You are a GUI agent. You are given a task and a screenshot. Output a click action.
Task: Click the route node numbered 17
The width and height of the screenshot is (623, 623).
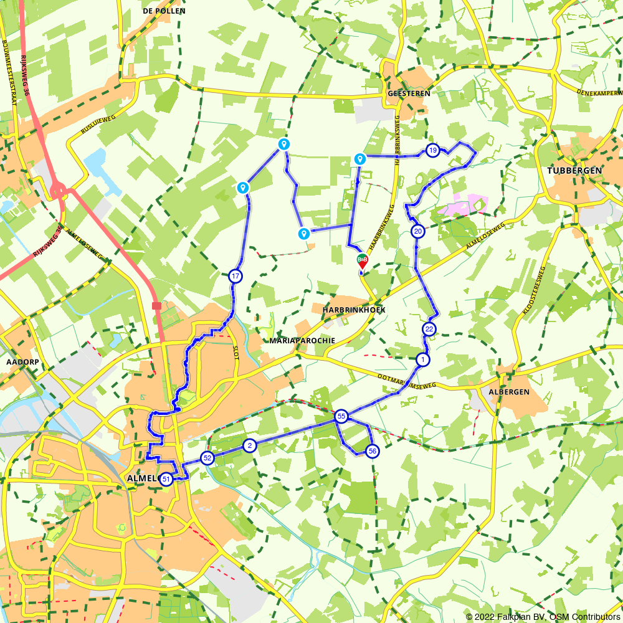pos(235,276)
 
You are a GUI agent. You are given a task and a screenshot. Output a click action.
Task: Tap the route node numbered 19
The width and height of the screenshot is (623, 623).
pos(433,150)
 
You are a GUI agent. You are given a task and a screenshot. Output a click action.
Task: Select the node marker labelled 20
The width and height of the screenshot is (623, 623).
pos(418,232)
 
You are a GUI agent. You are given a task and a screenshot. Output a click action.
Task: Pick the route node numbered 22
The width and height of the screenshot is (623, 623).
pos(429,329)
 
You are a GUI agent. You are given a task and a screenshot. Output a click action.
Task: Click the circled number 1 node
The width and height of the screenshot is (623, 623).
pos(423,359)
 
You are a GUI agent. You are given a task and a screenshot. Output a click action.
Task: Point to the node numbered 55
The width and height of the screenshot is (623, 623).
pos(341,416)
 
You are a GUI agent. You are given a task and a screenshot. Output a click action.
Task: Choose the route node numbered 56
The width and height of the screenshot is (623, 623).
pos(372,451)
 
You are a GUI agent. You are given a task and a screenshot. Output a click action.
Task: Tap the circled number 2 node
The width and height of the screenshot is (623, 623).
pos(250,445)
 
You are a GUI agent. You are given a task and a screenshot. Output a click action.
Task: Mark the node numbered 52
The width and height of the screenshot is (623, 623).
pos(207,459)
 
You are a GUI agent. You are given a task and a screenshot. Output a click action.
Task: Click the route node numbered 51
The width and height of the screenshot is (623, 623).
pos(166,480)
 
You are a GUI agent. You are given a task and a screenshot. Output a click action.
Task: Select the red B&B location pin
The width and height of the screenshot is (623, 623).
pos(362,261)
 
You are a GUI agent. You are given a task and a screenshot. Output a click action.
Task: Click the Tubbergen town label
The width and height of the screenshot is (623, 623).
pos(574,171)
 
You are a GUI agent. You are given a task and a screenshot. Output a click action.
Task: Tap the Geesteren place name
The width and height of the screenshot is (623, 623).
pos(409,93)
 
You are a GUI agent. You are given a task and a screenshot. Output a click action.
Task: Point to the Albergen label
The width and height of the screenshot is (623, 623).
pos(513,392)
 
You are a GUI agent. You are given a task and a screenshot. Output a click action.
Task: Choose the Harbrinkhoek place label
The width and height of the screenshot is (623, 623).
pos(354,310)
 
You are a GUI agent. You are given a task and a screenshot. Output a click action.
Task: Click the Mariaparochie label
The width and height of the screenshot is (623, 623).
pos(303,341)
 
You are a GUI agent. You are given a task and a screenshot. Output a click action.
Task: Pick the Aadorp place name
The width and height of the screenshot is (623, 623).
pos(18,361)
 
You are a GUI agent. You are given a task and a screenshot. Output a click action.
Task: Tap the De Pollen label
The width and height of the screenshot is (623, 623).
pos(164,11)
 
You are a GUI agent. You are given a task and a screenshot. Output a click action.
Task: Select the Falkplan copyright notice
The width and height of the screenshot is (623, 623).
pos(543,617)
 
